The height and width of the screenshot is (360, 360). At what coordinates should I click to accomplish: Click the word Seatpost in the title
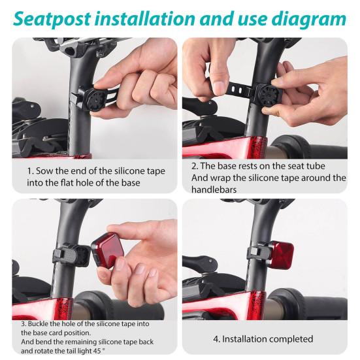52,20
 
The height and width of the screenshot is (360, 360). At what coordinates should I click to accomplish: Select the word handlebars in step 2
214,189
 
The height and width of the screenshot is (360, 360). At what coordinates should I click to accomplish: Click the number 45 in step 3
97,351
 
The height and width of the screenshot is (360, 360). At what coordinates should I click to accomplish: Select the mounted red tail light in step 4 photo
282,254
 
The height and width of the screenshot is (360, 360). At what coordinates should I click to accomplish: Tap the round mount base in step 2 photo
268,95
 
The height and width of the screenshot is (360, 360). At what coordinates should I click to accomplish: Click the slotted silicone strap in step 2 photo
238,90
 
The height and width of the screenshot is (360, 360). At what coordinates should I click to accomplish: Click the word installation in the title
144,20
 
